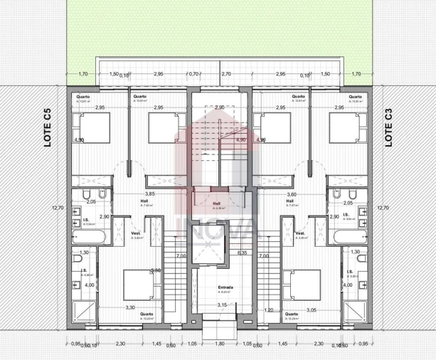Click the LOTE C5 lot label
[47, 127]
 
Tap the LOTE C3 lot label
[389, 127]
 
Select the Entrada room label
[225, 287]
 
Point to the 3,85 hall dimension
[150, 194]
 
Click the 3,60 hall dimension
[290, 194]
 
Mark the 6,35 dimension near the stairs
[242, 252]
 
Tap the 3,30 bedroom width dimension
[130, 307]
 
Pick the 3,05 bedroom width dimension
[312, 310]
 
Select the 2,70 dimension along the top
[226, 74]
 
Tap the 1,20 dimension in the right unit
[269, 310]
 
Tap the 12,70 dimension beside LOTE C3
[383, 208]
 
